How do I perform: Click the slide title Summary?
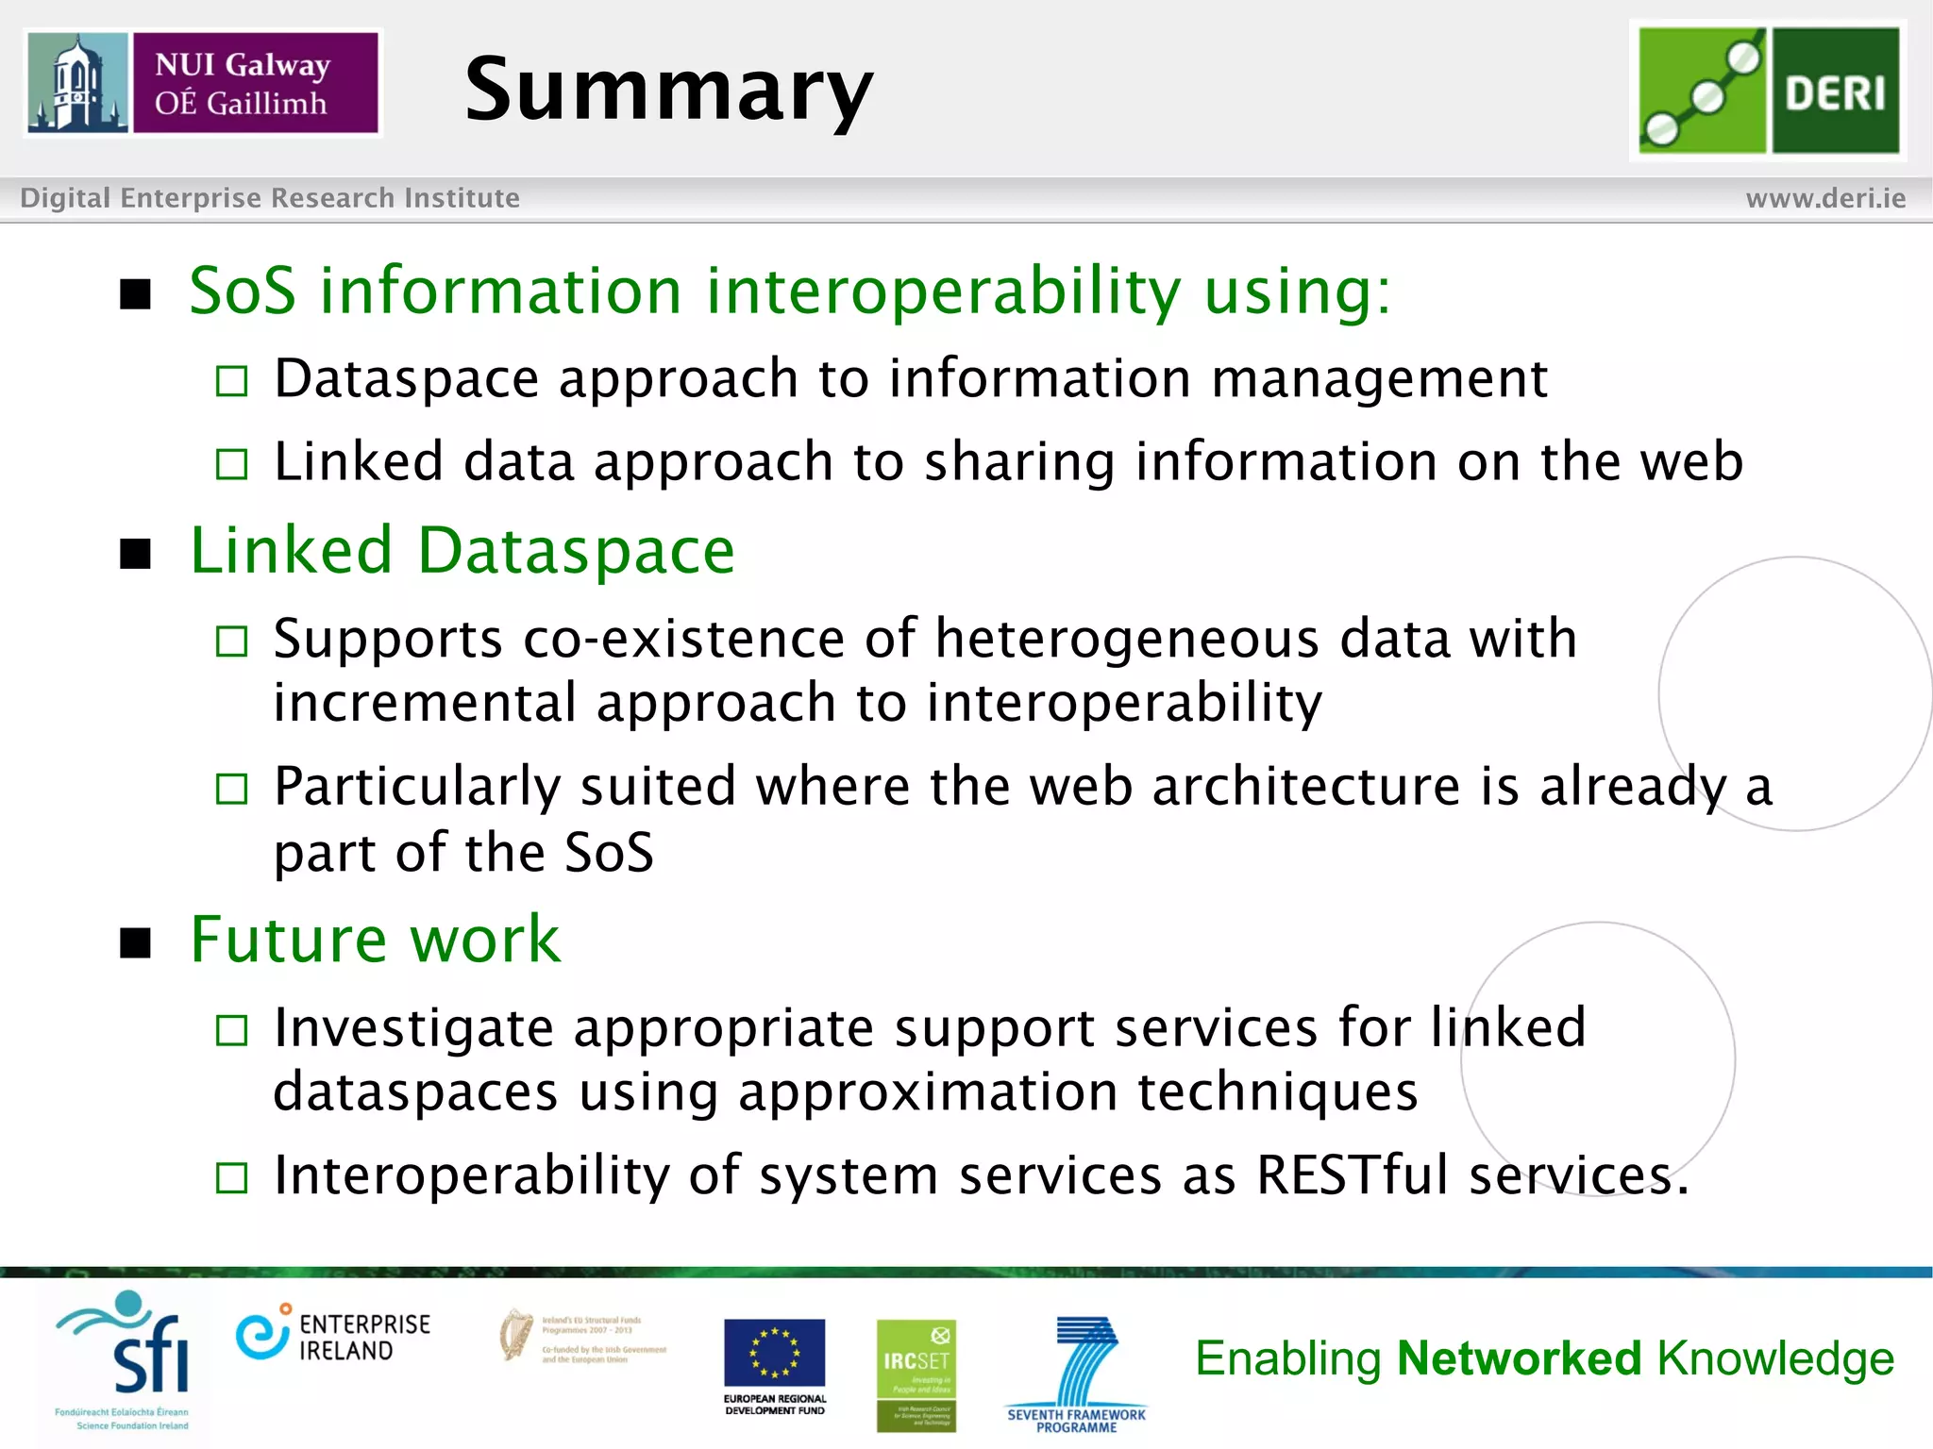point(668,90)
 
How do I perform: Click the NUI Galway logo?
point(203,83)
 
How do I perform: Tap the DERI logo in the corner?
point(1768,91)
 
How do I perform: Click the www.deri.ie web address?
point(1824,198)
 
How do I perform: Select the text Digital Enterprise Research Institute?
point(270,198)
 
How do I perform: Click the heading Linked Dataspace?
point(462,551)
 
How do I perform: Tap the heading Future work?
point(375,940)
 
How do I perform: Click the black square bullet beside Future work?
point(136,942)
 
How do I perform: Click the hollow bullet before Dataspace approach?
point(231,382)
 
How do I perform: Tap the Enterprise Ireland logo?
point(332,1336)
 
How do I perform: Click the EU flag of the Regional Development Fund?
point(774,1353)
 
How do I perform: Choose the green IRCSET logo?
point(916,1374)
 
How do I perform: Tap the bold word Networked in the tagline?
point(1519,1358)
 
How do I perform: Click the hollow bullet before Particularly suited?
point(231,789)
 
